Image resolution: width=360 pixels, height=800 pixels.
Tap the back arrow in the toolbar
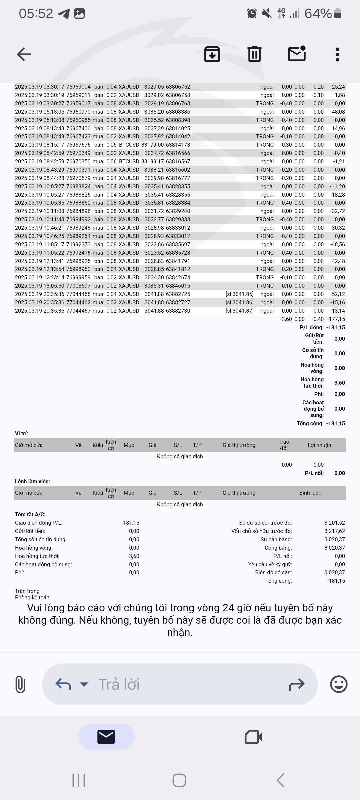[x=24, y=54]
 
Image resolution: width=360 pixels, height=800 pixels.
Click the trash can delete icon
[x=254, y=54]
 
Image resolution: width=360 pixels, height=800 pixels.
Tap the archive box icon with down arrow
[x=212, y=54]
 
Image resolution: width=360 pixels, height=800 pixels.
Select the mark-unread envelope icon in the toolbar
[x=297, y=54]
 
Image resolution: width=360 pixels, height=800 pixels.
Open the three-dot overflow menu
[x=337, y=54]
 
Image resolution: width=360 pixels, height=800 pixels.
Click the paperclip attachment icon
[x=20, y=684]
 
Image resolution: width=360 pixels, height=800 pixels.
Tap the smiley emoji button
[x=339, y=684]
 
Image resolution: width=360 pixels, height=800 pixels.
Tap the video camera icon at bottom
[x=253, y=737]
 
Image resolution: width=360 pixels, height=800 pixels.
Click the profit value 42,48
[x=338, y=261]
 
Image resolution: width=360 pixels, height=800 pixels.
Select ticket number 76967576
[x=78, y=145]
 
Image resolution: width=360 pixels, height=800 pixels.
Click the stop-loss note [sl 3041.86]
[x=239, y=302]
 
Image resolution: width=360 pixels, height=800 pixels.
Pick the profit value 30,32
[x=338, y=228]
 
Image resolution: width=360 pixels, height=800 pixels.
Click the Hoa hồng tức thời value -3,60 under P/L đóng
[x=338, y=383]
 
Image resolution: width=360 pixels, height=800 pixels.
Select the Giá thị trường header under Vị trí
[x=239, y=445]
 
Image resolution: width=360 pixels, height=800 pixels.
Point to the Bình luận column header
[x=310, y=493]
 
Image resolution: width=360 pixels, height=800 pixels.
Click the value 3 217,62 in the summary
[x=334, y=531]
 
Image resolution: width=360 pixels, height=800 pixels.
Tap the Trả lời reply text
[x=119, y=684]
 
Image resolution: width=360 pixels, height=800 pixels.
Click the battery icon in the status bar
[x=338, y=13]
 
